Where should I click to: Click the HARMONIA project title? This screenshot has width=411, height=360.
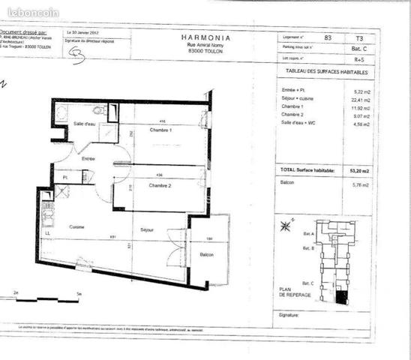tap(205, 36)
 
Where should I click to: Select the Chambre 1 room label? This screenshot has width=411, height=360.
tap(160, 130)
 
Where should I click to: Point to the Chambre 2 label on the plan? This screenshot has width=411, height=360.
tap(160, 184)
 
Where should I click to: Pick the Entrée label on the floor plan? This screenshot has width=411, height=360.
tap(88, 159)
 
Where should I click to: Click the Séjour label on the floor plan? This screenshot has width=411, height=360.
tap(147, 229)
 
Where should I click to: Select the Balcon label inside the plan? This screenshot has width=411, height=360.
tap(206, 255)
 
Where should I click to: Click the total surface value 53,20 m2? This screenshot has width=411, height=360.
tap(359, 171)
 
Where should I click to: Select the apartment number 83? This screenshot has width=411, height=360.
tap(327, 36)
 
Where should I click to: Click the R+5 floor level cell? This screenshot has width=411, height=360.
tap(359, 57)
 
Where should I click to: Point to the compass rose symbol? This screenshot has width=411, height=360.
tap(286, 225)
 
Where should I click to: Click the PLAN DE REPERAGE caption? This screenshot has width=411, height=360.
tap(289, 293)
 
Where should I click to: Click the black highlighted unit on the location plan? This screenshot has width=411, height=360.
tap(341, 298)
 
